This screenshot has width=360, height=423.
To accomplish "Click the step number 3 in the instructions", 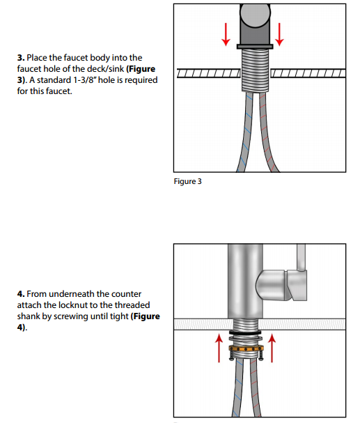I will [21, 57].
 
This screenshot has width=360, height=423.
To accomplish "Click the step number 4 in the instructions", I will [21, 295].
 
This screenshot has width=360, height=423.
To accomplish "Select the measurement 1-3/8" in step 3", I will [87, 80].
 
